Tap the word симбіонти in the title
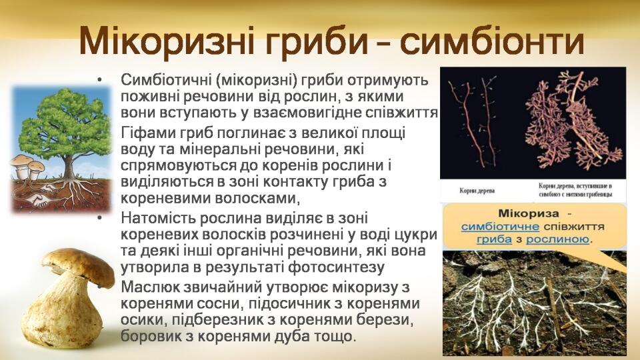click(x=491, y=40)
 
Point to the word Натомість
click(x=159, y=218)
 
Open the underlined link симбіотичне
click(x=500, y=227)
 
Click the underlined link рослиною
click(x=557, y=239)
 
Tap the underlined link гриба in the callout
click(x=494, y=239)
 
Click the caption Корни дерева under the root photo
click(x=477, y=191)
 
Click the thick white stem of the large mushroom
click(x=61, y=314)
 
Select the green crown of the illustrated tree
click(x=65, y=119)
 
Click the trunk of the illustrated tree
click(x=68, y=165)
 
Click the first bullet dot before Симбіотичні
click(x=99, y=80)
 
